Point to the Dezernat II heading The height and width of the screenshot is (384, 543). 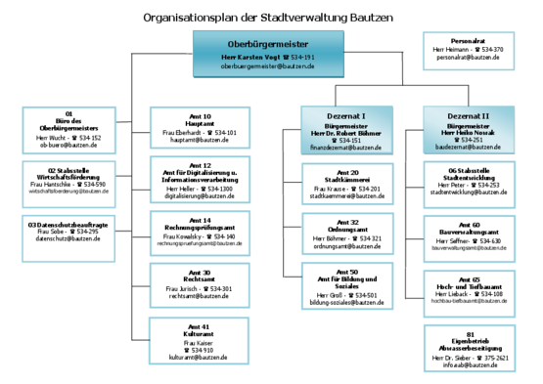[467, 115]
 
